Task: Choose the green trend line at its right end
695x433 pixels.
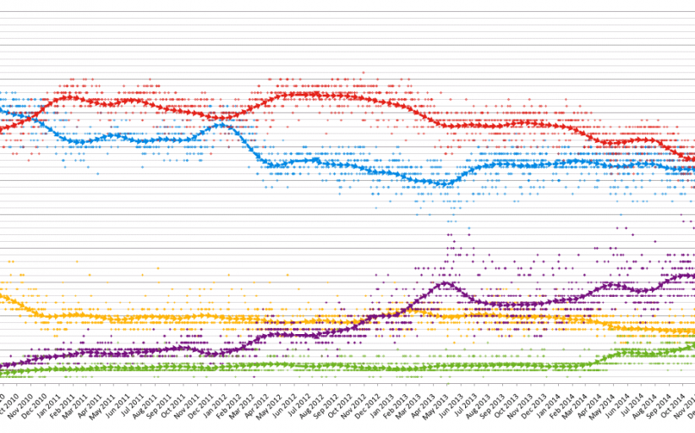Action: (692, 344)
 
